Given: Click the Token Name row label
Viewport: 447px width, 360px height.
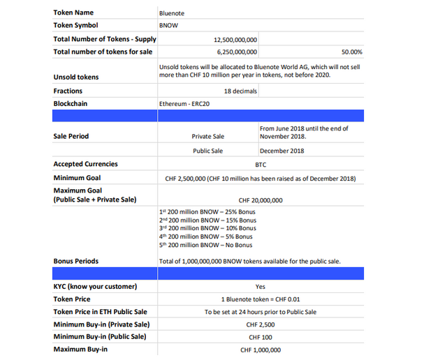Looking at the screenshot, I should [x=73, y=13].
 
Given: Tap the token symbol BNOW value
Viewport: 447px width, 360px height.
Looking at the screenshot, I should [x=170, y=25].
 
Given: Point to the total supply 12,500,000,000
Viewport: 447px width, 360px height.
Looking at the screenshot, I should [x=235, y=40].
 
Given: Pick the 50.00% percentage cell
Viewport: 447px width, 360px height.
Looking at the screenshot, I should [x=351, y=52].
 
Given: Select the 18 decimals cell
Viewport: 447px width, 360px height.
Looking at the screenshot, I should [x=240, y=91].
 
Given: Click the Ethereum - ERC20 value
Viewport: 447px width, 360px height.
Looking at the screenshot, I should [x=184, y=104].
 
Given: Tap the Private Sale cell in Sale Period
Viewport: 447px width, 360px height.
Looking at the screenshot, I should [x=207, y=137].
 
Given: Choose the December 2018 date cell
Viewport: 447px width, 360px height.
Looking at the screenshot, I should [x=281, y=151].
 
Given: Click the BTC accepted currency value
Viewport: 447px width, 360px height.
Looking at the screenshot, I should [x=261, y=165].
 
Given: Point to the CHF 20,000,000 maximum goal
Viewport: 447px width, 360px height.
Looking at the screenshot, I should [x=261, y=200].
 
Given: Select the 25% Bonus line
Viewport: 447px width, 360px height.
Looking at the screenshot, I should [x=207, y=211].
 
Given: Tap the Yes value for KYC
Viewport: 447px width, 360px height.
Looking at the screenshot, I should [x=261, y=287].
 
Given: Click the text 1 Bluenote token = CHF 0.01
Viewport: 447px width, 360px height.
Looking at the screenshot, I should [x=261, y=299].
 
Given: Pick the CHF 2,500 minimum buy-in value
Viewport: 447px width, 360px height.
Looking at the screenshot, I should [x=261, y=324].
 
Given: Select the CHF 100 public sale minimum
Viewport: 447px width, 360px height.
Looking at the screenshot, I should [x=261, y=337].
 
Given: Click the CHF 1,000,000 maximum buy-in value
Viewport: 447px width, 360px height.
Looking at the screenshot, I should [x=261, y=350].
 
